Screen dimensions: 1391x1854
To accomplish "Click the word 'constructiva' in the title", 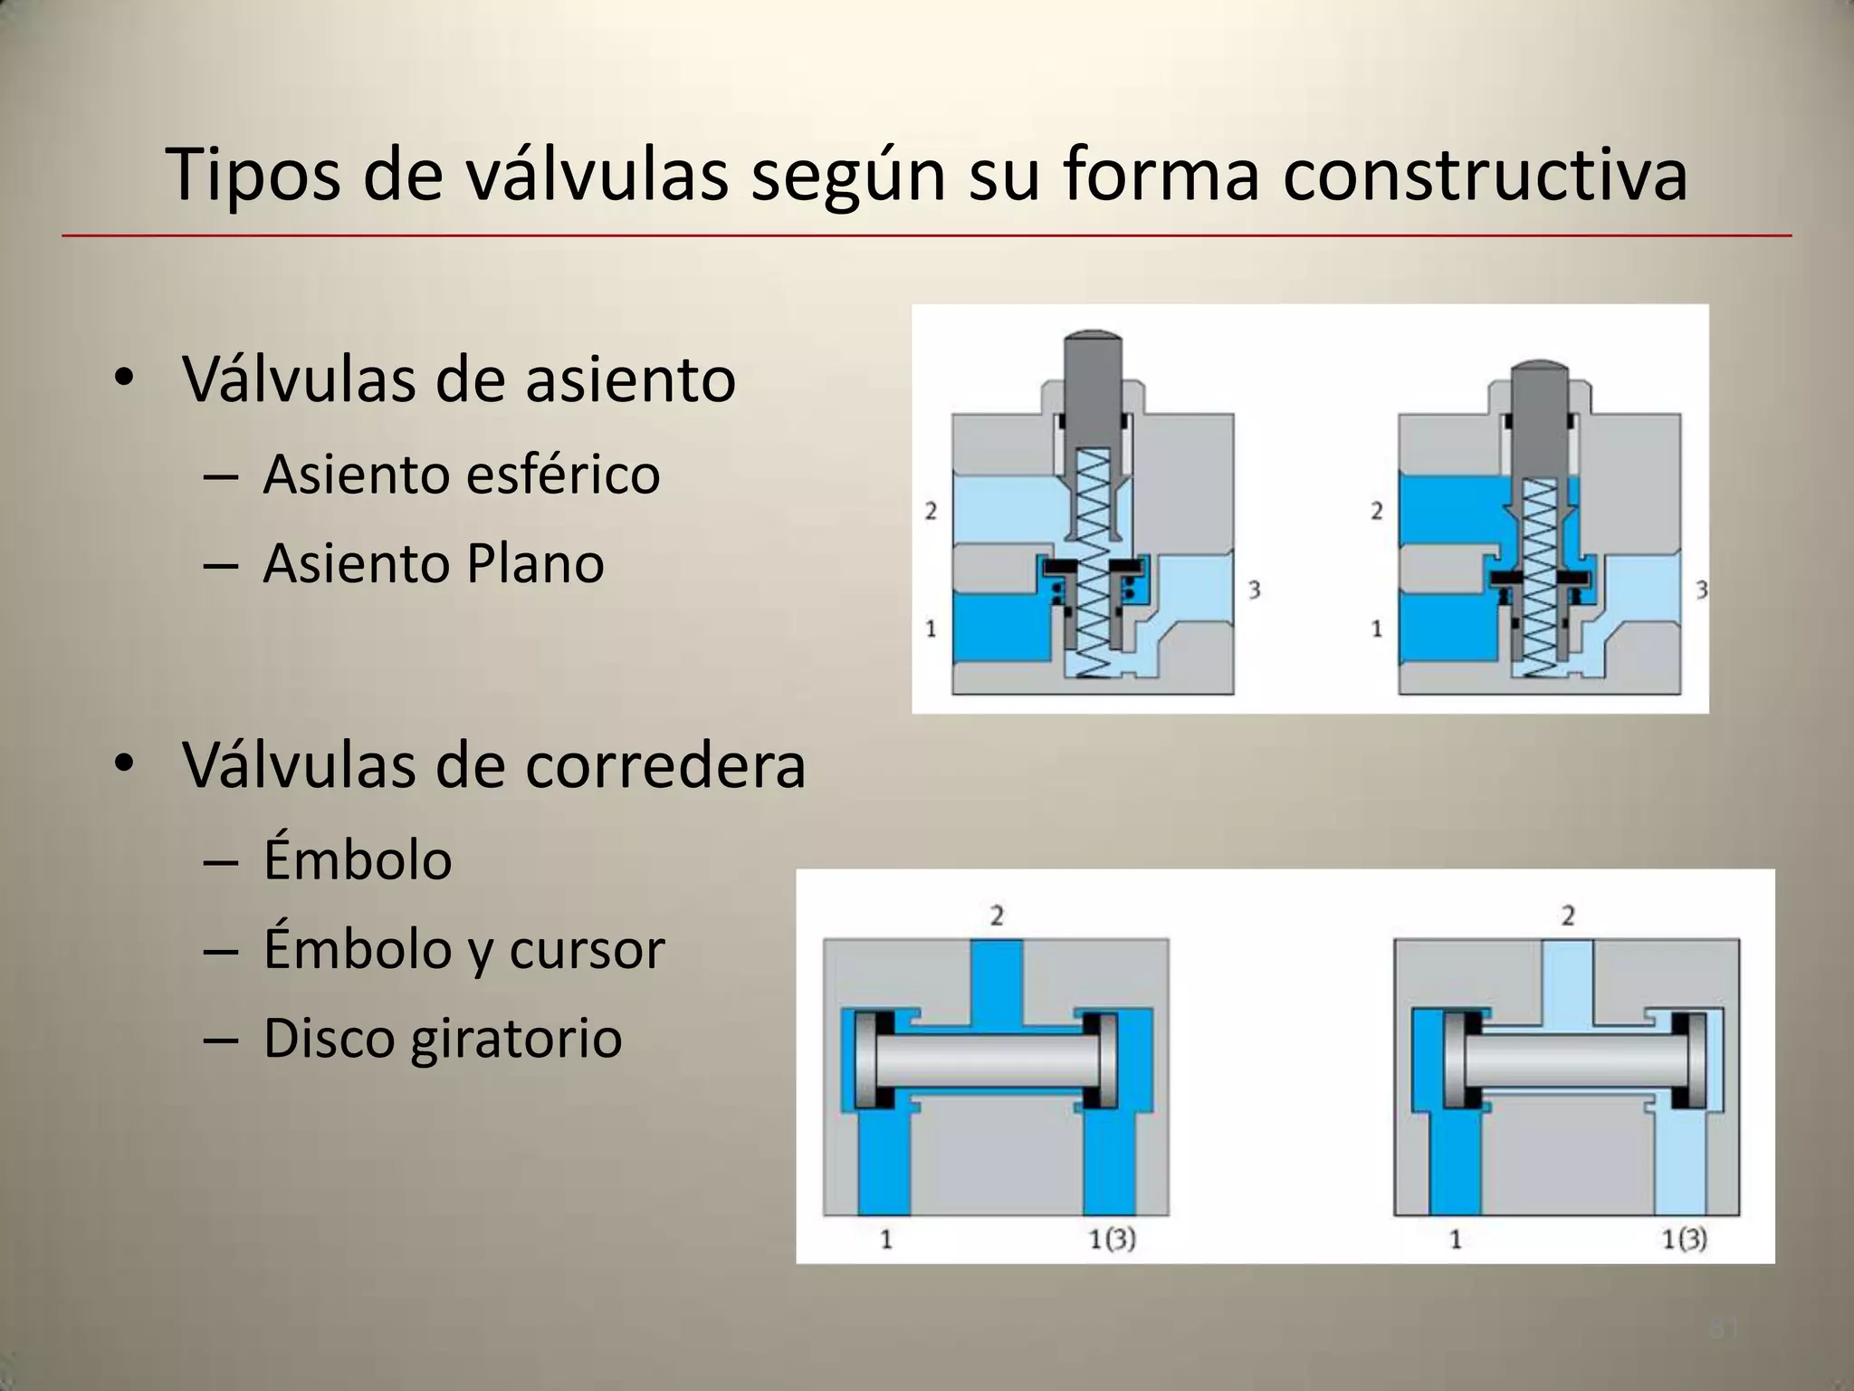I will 1485,175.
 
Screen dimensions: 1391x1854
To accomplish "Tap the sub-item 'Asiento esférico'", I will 462,474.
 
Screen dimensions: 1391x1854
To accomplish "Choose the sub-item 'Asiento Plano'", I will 434,563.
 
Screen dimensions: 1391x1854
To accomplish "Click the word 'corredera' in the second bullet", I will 665,765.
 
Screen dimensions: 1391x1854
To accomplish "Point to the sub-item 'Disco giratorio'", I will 443,1038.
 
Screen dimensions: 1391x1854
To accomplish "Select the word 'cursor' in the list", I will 587,949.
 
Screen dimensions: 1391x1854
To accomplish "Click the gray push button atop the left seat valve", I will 1093,371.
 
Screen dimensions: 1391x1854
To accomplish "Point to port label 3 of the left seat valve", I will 1255,590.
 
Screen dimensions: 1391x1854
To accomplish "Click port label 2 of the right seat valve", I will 1377,512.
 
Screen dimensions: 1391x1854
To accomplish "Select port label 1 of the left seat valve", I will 931,628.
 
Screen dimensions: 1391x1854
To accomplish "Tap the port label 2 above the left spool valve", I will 997,916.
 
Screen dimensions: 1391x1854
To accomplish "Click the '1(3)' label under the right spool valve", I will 1684,1239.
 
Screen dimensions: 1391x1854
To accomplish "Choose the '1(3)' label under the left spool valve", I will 1112,1239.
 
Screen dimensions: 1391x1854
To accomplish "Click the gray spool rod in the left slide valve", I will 987,1060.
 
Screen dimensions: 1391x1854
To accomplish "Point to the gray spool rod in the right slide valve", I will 1575,1060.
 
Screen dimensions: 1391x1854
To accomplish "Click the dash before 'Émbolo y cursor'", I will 222,951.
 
